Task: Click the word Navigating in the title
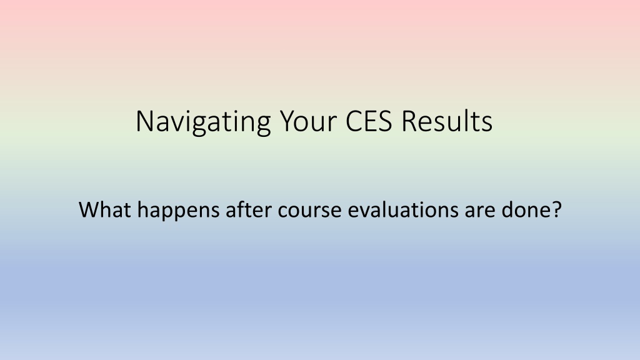pos(203,122)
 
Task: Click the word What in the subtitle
pos(105,209)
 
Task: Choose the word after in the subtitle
pos(249,209)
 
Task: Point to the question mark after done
pos(556,209)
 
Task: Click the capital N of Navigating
pos(145,121)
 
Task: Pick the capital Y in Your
pos(289,121)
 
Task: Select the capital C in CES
pos(354,121)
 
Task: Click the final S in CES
pos(385,121)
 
